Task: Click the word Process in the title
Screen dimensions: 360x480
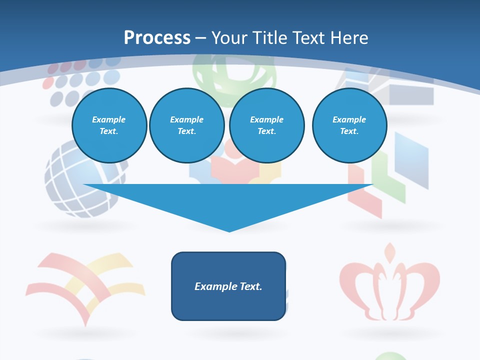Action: pos(157,38)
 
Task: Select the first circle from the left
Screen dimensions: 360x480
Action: pos(109,125)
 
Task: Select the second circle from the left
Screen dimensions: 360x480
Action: pos(186,125)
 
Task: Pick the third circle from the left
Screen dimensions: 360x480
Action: pos(266,125)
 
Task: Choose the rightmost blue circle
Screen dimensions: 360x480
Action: pos(349,125)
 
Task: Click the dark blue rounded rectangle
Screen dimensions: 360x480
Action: pos(228,286)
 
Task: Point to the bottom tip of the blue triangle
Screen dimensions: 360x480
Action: pos(229,231)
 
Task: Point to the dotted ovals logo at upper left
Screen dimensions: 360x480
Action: pos(80,80)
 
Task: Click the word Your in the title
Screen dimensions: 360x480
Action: pos(228,38)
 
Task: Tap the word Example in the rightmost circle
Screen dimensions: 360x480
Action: pos(349,119)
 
